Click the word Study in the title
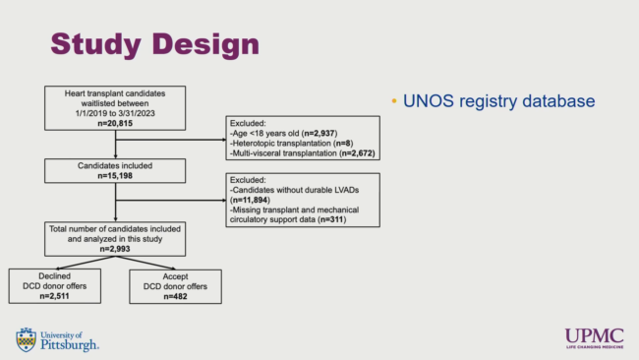[x=95, y=44]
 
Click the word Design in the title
[x=205, y=44]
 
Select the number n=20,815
[x=115, y=124]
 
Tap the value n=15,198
[x=115, y=176]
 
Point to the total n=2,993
[x=115, y=249]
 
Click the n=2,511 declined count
[x=55, y=296]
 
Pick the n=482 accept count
[x=175, y=296]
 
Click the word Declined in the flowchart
[x=55, y=276]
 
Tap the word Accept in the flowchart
[x=175, y=276]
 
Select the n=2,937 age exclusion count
[x=319, y=134]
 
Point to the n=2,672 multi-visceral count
[x=357, y=153]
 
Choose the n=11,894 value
[x=250, y=200]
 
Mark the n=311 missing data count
[x=331, y=219]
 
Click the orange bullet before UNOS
[x=394, y=100]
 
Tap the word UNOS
[x=429, y=101]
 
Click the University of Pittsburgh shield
[x=27, y=339]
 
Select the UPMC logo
[x=594, y=338]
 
